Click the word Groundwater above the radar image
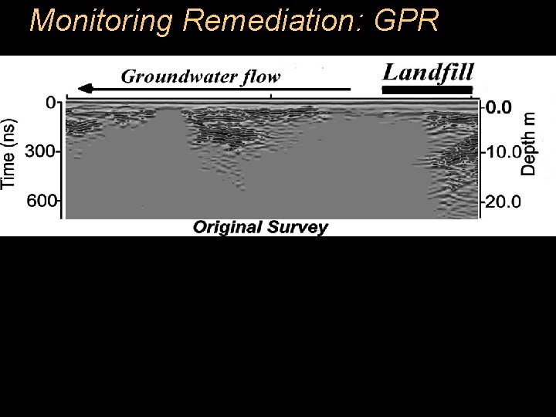(177, 76)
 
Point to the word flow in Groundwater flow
(259, 76)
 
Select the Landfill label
(429, 73)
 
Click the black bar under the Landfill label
(427, 90)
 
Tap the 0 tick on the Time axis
(52, 103)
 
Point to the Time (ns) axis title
(10, 151)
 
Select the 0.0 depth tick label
(500, 108)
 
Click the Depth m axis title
(528, 144)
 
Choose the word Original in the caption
(227, 227)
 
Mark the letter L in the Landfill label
(392, 73)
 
